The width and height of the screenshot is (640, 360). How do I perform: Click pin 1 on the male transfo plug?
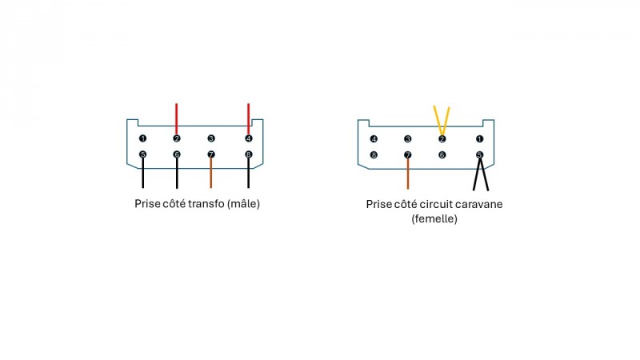click(142, 138)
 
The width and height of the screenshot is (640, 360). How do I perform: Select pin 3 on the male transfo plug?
click(211, 138)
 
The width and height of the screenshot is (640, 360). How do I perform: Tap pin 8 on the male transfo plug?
click(249, 154)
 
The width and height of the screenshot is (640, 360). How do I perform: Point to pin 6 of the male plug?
click(177, 154)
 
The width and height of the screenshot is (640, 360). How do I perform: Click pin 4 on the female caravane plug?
click(374, 139)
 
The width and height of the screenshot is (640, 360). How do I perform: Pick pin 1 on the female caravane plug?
click(479, 139)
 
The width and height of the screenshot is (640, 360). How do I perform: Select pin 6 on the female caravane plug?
click(442, 154)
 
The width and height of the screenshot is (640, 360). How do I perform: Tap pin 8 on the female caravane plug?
click(374, 154)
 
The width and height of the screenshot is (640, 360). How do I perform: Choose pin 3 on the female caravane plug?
click(408, 139)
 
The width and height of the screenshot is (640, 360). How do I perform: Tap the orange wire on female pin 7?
click(408, 174)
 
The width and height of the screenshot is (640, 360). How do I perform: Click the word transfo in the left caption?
click(203, 204)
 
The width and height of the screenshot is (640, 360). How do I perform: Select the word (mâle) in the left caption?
click(243, 204)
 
